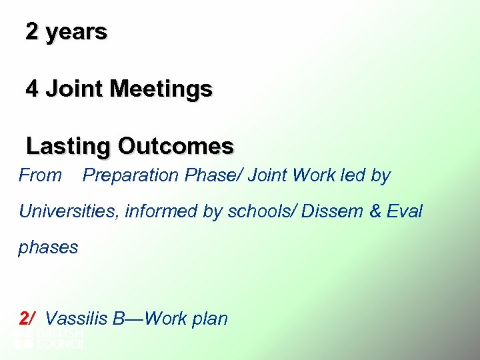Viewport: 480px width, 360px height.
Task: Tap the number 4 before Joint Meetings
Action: pos(32,89)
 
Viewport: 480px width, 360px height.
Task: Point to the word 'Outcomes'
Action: pos(176,146)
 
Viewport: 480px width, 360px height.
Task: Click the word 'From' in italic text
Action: pos(40,176)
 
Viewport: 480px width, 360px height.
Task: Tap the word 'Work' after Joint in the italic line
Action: pos(317,176)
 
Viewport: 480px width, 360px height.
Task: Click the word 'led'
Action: pos(355,176)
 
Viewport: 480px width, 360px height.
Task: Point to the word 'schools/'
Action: pos(263,212)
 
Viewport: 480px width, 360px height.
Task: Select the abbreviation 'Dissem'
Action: pos(331,212)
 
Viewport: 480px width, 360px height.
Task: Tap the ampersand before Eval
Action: pos(375,212)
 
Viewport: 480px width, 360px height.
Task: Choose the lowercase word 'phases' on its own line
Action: pos(48,248)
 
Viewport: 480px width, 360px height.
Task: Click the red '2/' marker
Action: pos(27,319)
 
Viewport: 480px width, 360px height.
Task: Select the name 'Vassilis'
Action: pos(76,319)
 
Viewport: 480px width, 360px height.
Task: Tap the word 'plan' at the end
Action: pos(211,319)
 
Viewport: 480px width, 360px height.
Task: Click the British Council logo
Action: pos(49,339)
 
